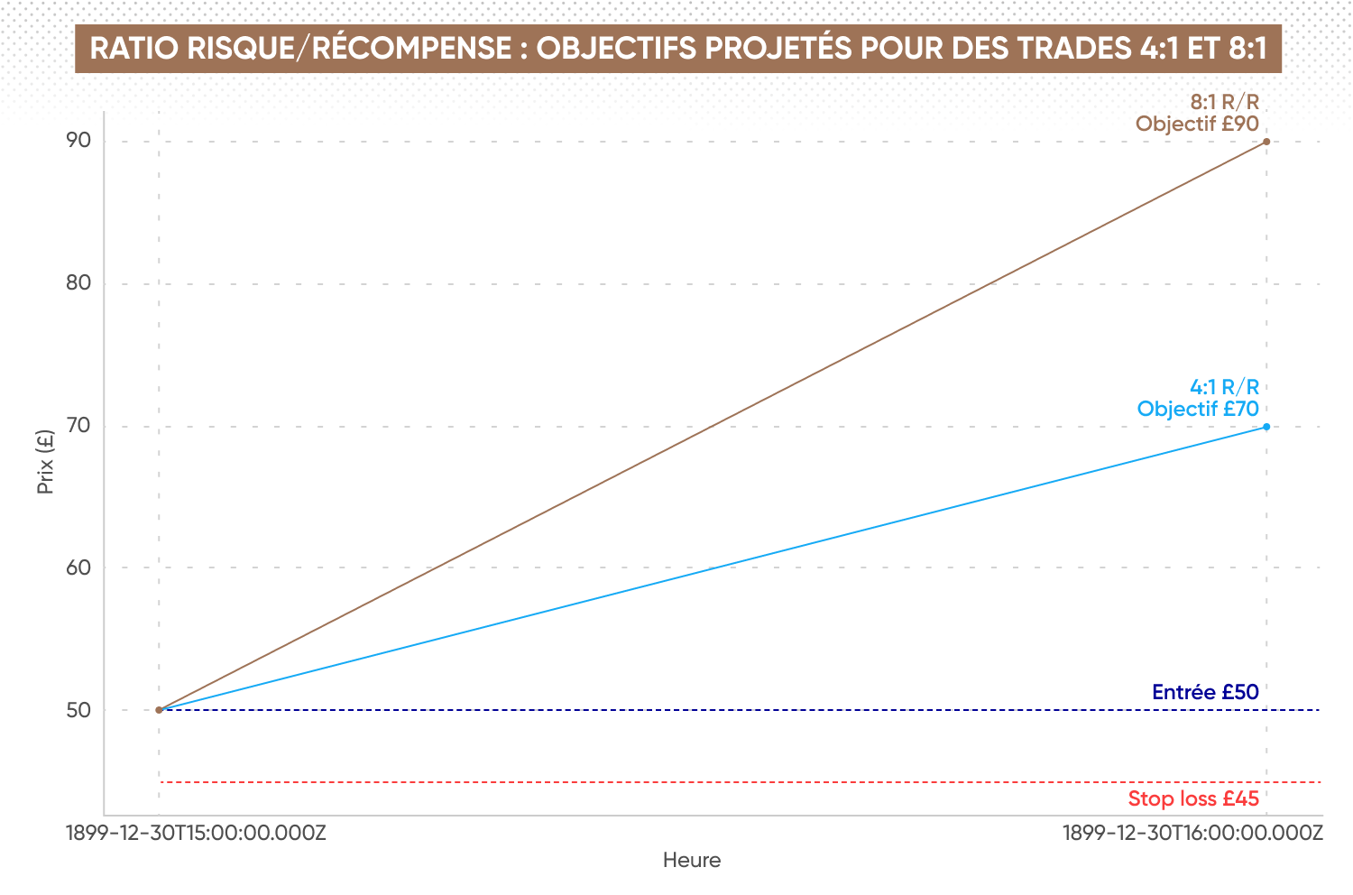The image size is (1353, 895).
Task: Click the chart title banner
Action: point(678,49)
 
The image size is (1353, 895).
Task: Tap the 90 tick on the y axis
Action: point(78,140)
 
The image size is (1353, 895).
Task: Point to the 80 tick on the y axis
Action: point(78,282)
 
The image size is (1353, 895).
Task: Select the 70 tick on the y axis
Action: point(78,426)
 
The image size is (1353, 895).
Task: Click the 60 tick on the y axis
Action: point(78,567)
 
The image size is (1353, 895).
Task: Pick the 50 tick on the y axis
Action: point(78,710)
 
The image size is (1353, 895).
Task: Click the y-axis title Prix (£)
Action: point(45,462)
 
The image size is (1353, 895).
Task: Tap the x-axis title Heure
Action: point(692,860)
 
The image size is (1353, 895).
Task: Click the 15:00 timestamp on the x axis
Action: point(196,834)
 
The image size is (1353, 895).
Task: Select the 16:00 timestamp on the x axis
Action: point(1193,834)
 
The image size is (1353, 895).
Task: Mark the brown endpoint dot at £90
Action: point(1266,142)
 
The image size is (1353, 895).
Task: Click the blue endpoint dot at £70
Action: point(1266,427)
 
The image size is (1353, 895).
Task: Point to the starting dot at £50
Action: point(159,710)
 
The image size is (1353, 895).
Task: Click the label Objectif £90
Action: point(1197,124)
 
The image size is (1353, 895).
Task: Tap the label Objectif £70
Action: point(1198,409)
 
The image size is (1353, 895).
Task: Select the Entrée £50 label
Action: point(1206,692)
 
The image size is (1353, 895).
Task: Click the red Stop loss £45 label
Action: point(1193,798)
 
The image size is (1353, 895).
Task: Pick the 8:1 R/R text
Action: point(1225,102)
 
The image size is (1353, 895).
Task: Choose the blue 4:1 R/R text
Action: point(1225,387)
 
